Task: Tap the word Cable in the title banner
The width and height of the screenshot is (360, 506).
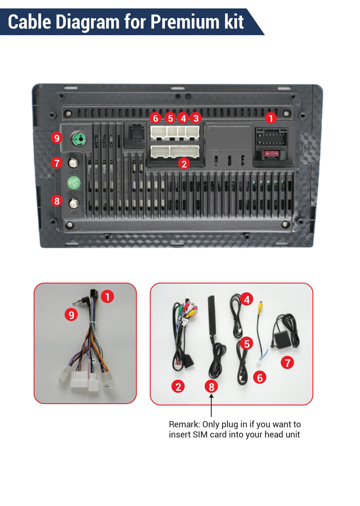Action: coord(29,22)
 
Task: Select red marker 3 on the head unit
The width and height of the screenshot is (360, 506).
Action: coord(196,118)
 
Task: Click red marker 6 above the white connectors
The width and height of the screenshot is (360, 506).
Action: coord(156,118)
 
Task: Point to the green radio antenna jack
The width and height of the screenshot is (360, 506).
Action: coord(79,138)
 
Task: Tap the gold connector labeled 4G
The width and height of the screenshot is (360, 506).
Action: coord(74,203)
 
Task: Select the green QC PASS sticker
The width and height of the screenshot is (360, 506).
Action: coord(74,182)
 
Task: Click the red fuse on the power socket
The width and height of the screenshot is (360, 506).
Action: coord(271,154)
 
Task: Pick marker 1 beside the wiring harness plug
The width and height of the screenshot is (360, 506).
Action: coord(107,297)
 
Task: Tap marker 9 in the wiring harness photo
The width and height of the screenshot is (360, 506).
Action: coord(71,315)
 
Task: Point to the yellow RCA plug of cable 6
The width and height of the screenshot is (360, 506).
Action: coord(262,306)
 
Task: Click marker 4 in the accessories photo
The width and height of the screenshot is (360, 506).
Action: coord(247,299)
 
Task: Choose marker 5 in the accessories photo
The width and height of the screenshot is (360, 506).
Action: coord(246,343)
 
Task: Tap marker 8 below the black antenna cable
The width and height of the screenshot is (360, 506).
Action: coord(211,386)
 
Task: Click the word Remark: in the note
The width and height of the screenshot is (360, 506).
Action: coord(184,424)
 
